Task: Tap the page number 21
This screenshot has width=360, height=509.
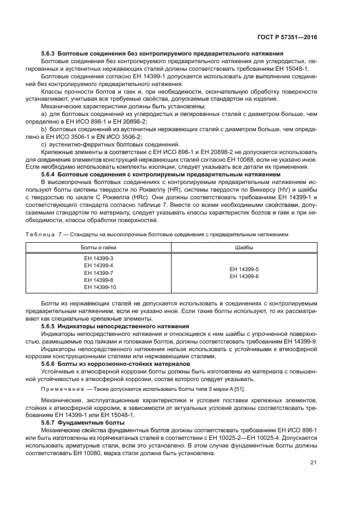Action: click(313, 463)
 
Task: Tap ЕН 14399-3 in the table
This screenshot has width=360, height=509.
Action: click(99, 258)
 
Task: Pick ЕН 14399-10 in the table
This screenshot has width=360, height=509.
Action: click(100, 287)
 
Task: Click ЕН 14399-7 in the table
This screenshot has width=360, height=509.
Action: click(99, 272)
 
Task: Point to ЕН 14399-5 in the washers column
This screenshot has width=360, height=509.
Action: click(244, 269)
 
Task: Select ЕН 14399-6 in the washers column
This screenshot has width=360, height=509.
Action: click(244, 276)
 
